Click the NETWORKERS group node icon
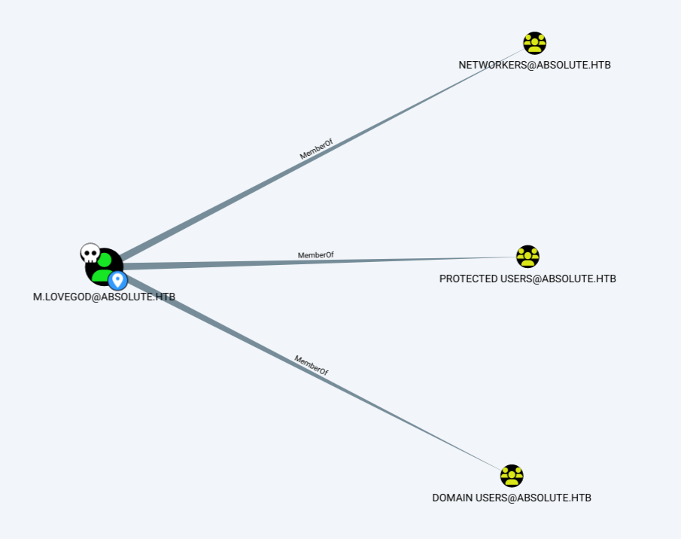tap(534, 43)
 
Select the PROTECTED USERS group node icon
tap(527, 257)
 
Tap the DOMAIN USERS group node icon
tap(511, 476)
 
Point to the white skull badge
tap(90, 253)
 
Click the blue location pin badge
tap(117, 281)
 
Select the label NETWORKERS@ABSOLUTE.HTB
tap(534, 65)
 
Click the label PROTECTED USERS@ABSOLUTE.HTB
tap(527, 279)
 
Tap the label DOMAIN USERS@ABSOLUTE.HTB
tap(512, 498)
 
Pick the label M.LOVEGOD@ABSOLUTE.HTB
tap(104, 297)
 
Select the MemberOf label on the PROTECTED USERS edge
tap(315, 255)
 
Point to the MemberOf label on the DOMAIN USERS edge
tap(311, 365)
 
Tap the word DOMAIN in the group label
tap(452, 498)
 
